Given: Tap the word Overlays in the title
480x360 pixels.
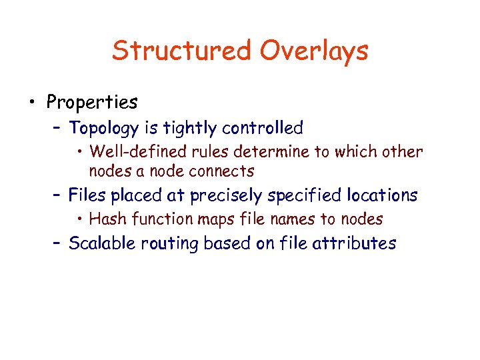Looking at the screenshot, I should click(314, 51).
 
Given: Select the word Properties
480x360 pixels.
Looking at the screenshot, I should click(92, 103).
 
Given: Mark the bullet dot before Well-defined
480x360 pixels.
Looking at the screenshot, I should click(80, 152).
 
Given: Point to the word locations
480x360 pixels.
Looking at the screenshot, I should click(380, 195).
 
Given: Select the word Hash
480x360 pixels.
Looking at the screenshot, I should click(105, 219).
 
